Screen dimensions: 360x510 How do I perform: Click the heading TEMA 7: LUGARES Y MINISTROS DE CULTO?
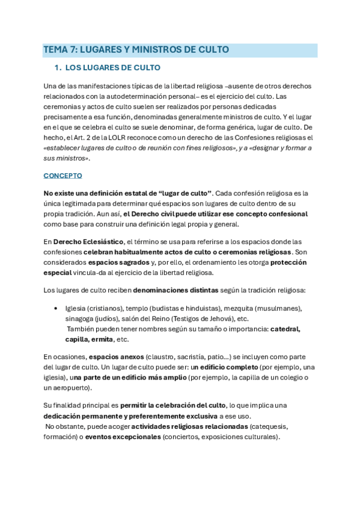tap(135, 50)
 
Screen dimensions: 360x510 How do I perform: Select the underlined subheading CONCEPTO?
tap(63, 176)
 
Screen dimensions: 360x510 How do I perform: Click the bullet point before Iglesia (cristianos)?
tap(56, 309)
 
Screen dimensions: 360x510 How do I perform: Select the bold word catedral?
tap(285, 329)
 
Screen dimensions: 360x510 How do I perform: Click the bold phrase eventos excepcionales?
tap(123, 437)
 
